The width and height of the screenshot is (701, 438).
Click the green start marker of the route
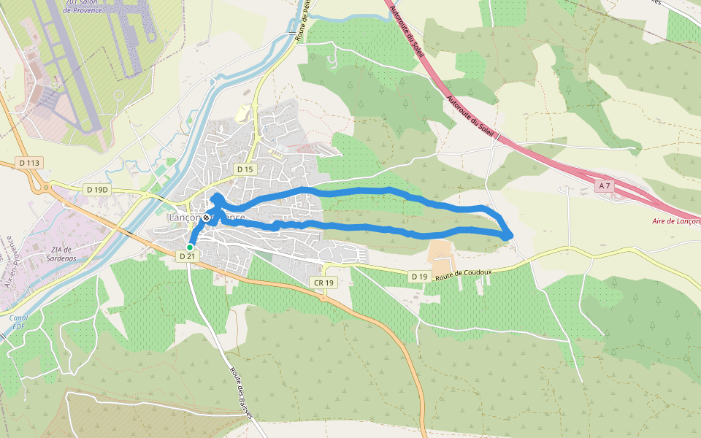click(190, 247)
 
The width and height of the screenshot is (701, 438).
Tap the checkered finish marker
click(207, 218)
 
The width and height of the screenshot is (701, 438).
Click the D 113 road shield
click(28, 162)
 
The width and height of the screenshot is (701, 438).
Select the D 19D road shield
click(97, 190)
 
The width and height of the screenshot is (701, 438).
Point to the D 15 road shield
click(245, 169)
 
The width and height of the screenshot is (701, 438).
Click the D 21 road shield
click(188, 256)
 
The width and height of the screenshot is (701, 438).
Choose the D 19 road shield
click(418, 277)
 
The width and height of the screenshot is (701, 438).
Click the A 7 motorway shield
click(604, 186)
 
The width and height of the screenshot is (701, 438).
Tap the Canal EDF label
click(18, 322)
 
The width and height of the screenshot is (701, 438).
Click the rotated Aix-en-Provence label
click(10, 262)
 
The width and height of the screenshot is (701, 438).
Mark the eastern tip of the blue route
click(510, 234)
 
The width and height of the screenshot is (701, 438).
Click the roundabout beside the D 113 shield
click(45, 188)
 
